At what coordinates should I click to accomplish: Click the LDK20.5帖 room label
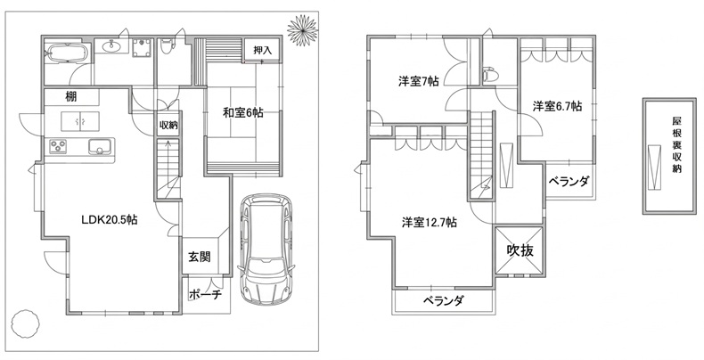(x=109, y=220)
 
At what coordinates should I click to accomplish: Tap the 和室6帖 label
(x=243, y=112)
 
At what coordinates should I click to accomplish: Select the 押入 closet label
(x=263, y=50)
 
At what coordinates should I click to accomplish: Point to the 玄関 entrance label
(x=200, y=258)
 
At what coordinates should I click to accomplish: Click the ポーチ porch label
(x=205, y=295)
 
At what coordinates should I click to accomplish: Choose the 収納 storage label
(x=168, y=126)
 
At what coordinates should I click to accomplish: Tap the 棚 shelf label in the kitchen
(x=71, y=96)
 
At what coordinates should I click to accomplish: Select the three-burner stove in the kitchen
(x=58, y=146)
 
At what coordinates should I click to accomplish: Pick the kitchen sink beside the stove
(x=101, y=146)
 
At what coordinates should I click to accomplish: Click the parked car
(x=266, y=250)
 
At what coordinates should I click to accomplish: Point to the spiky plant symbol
(x=302, y=30)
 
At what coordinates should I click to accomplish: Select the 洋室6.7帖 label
(x=557, y=106)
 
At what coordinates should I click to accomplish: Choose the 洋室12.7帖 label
(x=429, y=222)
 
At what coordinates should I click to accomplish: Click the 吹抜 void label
(x=520, y=250)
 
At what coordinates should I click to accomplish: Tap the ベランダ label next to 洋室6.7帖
(x=569, y=182)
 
